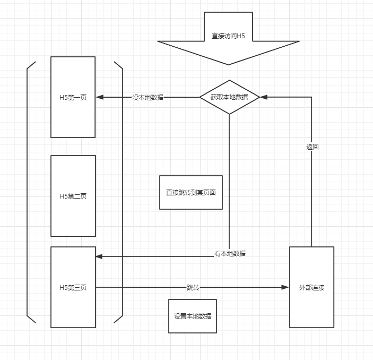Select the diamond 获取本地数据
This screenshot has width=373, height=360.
coord(229,97)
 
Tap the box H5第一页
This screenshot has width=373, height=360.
coord(73,97)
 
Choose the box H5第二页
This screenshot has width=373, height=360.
coord(73,196)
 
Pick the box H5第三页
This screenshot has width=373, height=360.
coord(73,287)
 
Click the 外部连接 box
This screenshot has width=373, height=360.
coord(311,287)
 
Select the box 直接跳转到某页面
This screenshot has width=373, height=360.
coord(191,192)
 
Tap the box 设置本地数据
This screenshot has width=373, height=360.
coord(192,316)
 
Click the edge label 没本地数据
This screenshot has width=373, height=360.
coord(148,98)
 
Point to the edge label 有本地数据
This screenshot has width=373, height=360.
coord(230,254)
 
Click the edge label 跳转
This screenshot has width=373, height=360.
coord(193,287)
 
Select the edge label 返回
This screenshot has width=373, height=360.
coord(312,147)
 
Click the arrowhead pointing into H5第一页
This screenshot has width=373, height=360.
coord(99,97)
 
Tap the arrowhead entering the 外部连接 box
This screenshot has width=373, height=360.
coord(286,287)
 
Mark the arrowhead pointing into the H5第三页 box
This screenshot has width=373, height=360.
coord(99,256)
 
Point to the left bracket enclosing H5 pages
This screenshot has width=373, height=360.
coord(28,191)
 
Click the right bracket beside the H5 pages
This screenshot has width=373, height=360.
coord(122,191)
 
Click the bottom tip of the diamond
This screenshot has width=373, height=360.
coord(229,114)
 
